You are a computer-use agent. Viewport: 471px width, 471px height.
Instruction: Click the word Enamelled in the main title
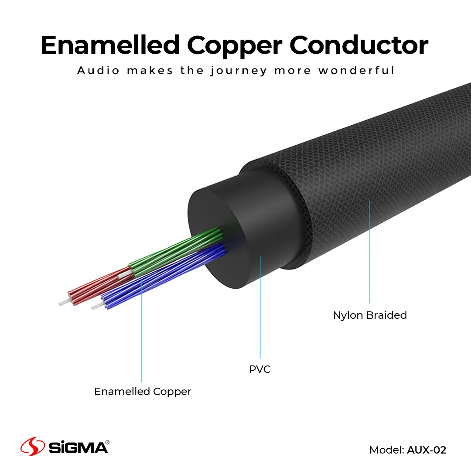click(x=110, y=45)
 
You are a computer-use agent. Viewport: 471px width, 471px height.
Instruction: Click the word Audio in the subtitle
click(x=98, y=70)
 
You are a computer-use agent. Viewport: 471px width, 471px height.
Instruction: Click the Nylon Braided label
click(x=370, y=315)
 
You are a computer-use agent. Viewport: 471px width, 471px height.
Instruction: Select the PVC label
click(x=260, y=369)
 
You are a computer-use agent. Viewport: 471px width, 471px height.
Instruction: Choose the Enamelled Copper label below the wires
click(x=143, y=392)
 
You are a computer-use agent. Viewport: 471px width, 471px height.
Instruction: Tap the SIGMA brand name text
click(x=78, y=448)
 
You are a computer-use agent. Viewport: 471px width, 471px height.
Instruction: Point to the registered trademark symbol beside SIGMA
click(x=107, y=442)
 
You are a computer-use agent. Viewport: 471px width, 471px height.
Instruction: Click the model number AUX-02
click(x=427, y=450)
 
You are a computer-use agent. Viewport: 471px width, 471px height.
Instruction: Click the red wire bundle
click(x=96, y=288)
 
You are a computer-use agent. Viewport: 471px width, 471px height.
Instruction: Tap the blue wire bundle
click(x=161, y=279)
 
